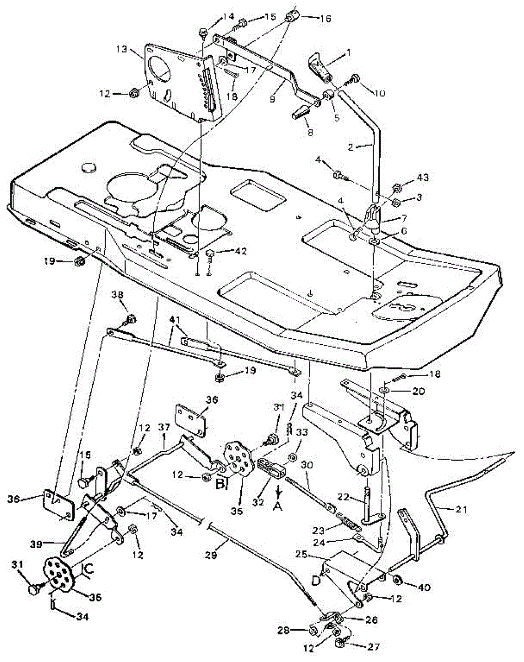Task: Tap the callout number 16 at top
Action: click(x=325, y=18)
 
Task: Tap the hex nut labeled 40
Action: click(x=397, y=581)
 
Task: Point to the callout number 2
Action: click(x=358, y=147)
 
